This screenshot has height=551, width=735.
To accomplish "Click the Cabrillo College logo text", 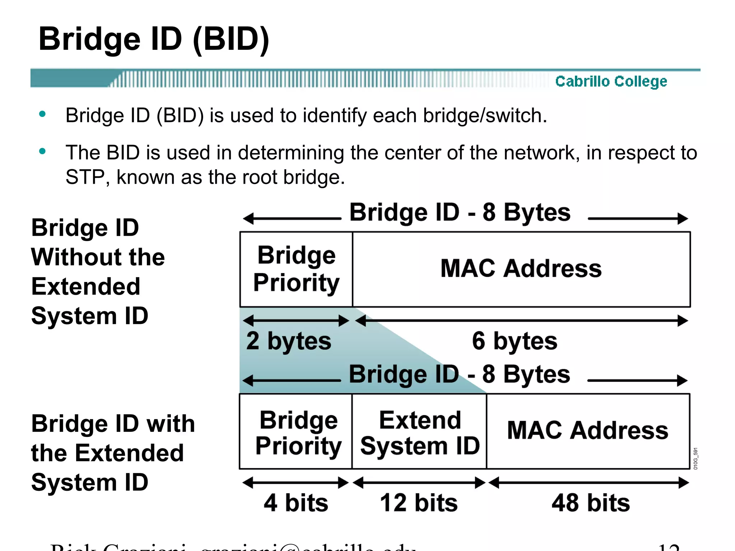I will pyautogui.click(x=611, y=81).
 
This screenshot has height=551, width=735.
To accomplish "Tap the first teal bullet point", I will pyautogui.click(x=42, y=114).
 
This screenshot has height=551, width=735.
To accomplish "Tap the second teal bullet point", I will pyautogui.click(x=42, y=151).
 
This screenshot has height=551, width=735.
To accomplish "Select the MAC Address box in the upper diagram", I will pyautogui.click(x=521, y=269).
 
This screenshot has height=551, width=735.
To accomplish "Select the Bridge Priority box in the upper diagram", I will pyautogui.click(x=296, y=269).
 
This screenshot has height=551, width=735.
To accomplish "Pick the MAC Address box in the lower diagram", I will pyautogui.click(x=588, y=431).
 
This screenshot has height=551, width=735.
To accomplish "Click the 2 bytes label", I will pyautogui.click(x=289, y=341).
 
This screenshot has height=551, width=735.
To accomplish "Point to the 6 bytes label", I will pyautogui.click(x=515, y=341).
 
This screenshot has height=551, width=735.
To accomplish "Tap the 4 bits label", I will pyautogui.click(x=296, y=503).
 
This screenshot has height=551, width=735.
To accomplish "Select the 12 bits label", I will pyautogui.click(x=419, y=503).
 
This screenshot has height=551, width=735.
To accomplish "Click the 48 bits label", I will pyautogui.click(x=591, y=503).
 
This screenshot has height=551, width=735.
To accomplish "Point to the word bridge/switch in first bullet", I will pyautogui.click(x=484, y=116).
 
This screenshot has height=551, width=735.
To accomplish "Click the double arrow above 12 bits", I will pyautogui.click(x=419, y=483).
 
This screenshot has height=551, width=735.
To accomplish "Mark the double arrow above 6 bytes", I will pyautogui.click(x=521, y=320).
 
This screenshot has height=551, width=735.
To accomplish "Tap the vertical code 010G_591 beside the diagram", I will pyautogui.click(x=696, y=458).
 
